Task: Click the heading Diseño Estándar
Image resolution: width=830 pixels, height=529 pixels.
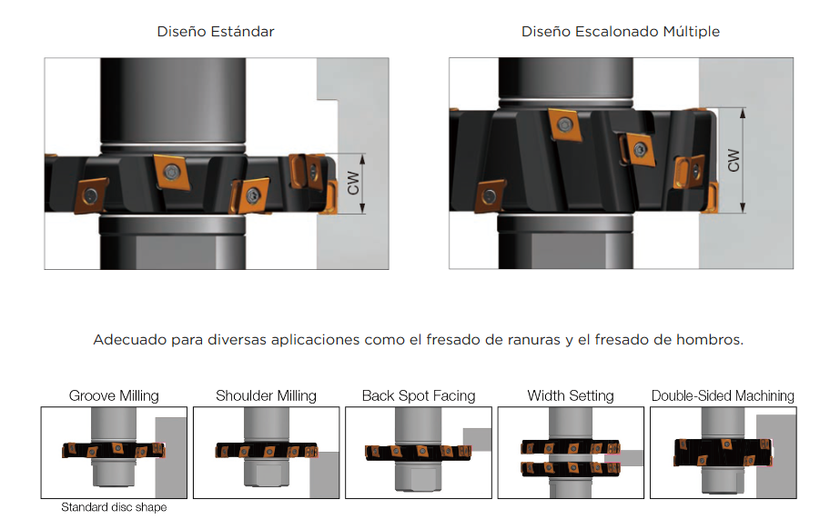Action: pos(216,32)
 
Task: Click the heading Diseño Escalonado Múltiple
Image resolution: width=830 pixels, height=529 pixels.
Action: pos(621,32)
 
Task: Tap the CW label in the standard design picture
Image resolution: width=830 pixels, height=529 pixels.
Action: pos(353,183)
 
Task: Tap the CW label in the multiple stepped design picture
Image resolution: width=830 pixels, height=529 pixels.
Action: pos(734,160)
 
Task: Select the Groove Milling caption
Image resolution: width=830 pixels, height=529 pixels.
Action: pos(114,395)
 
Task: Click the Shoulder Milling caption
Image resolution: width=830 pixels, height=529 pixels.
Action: pos(267,395)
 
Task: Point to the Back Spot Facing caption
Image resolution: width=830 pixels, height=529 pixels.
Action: pos(419,395)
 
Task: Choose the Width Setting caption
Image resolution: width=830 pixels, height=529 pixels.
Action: pos(571,395)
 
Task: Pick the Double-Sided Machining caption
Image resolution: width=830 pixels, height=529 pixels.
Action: pos(724,395)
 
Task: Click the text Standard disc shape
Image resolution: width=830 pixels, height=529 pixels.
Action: pos(114,507)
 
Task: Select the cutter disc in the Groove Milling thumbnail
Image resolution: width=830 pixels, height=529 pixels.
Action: pos(114,450)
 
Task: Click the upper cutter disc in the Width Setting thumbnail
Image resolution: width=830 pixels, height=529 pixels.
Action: pos(571,447)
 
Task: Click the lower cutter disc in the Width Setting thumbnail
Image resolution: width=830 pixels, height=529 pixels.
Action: pos(571,468)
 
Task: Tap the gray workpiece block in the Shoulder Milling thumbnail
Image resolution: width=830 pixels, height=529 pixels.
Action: pos(324,474)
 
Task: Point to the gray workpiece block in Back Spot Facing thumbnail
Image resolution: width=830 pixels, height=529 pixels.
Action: pos(477,439)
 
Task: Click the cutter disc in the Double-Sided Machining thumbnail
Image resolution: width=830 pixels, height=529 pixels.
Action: pos(724,453)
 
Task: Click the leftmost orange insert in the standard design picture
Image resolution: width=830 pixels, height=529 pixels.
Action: pos(90,195)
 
